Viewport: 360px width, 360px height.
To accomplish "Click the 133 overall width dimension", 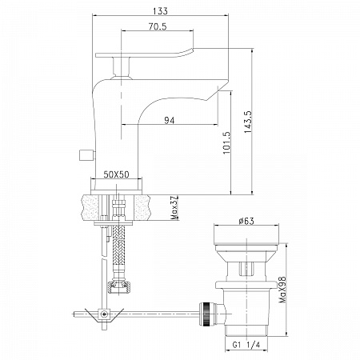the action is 160,11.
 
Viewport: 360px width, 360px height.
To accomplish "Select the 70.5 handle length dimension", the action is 158,26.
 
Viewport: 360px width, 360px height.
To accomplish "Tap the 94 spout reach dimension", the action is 170,121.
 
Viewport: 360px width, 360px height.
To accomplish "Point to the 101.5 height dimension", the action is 226,142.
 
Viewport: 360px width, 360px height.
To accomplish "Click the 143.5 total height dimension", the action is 248,122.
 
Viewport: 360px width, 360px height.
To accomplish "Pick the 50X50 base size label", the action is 116,174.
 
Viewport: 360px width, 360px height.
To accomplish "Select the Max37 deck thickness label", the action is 174,208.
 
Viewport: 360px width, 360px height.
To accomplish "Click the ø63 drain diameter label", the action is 246,221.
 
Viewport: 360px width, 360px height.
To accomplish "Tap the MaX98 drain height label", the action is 282,290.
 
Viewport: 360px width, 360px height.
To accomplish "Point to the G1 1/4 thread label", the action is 246,345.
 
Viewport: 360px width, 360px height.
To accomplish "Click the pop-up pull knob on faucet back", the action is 87,155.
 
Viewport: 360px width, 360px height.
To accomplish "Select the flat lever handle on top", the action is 144,53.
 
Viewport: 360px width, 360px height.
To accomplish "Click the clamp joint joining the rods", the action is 104,314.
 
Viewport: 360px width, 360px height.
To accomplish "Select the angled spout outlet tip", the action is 218,91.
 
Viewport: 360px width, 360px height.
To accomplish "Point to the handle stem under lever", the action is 122,66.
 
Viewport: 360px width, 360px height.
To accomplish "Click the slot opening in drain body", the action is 246,269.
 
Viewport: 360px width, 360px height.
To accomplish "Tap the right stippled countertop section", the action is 142,207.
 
